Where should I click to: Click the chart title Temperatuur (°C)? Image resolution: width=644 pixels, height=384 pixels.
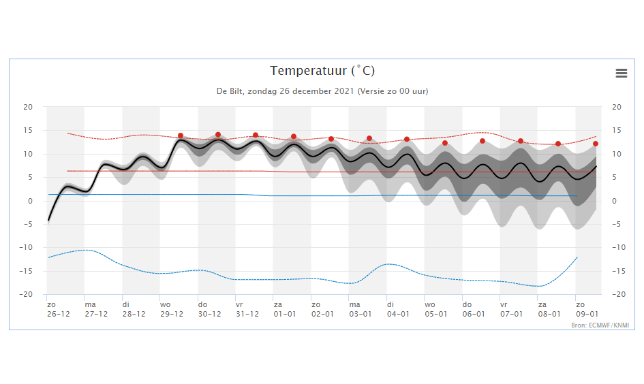click(x=322, y=71)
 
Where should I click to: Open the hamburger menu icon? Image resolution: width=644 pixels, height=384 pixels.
click(x=622, y=73)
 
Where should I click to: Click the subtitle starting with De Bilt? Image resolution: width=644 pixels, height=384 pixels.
click(x=322, y=91)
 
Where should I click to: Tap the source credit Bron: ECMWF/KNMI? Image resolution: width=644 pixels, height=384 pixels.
click(x=600, y=325)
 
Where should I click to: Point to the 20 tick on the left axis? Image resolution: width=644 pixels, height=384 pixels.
click(x=27, y=107)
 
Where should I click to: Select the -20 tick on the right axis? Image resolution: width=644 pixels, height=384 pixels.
click(x=619, y=294)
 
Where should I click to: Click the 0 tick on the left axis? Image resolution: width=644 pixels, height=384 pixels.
click(x=30, y=201)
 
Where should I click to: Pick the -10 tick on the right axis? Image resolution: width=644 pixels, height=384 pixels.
click(x=619, y=247)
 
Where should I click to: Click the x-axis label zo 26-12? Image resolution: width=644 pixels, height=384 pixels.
click(x=59, y=309)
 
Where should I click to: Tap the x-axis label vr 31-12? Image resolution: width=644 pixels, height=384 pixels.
click(x=247, y=309)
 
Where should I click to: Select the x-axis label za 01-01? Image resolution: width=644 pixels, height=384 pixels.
click(x=285, y=309)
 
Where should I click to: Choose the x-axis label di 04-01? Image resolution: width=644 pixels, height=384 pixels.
click(x=398, y=309)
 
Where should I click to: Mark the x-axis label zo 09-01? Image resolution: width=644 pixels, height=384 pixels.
click(x=587, y=309)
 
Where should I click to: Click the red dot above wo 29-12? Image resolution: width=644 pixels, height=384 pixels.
click(x=181, y=135)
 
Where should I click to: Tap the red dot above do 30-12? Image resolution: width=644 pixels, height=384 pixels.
click(x=218, y=135)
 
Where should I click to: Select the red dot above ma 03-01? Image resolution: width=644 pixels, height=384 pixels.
click(x=369, y=138)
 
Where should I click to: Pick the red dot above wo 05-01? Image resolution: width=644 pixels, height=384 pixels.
click(x=445, y=143)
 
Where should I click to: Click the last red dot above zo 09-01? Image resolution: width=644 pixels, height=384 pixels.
click(x=596, y=144)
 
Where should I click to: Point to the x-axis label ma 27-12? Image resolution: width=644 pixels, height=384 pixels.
click(x=96, y=309)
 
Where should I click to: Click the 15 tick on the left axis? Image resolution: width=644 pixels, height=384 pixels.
click(x=27, y=131)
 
